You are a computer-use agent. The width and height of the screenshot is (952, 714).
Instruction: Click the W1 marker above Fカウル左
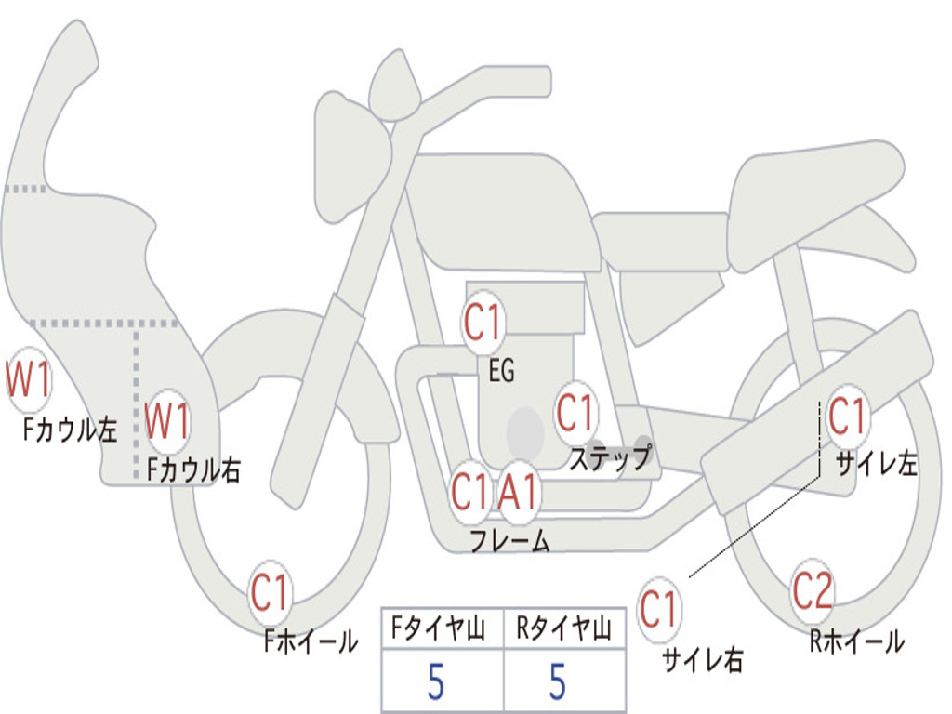pyautogui.click(x=28, y=380)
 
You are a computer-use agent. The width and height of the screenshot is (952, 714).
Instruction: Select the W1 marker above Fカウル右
pyautogui.click(x=167, y=421)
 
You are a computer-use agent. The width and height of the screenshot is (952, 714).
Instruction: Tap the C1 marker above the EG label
pyautogui.click(x=483, y=322)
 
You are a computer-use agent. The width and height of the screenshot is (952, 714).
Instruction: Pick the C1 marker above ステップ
pyautogui.click(x=575, y=413)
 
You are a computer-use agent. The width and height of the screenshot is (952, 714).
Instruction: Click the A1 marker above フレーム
pyautogui.click(x=519, y=491)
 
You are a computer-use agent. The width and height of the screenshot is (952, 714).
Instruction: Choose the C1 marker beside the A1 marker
pyautogui.click(x=469, y=491)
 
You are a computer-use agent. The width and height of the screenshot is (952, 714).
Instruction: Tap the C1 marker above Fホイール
pyautogui.click(x=269, y=592)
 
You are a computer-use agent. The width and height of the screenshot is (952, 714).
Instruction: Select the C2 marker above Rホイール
pyautogui.click(x=813, y=590)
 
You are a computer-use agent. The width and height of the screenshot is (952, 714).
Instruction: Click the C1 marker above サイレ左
pyautogui.click(x=847, y=416)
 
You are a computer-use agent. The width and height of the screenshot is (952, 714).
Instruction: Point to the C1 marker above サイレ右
pyautogui.click(x=658, y=609)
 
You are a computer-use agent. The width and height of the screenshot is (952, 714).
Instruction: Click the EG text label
pyautogui.click(x=502, y=370)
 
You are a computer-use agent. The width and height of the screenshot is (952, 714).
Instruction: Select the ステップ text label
pyautogui.click(x=611, y=457)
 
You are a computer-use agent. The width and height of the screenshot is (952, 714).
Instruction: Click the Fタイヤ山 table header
pyautogui.click(x=439, y=628)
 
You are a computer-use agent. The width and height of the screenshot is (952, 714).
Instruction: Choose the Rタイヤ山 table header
pyautogui.click(x=564, y=628)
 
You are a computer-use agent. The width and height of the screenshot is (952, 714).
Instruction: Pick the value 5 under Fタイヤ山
pyautogui.click(x=436, y=681)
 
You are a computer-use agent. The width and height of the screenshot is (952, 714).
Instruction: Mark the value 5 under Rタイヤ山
pyautogui.click(x=558, y=681)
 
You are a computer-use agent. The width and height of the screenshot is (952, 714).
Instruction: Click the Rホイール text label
pyautogui.click(x=857, y=641)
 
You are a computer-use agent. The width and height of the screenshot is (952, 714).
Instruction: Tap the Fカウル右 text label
pyautogui.click(x=194, y=469)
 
